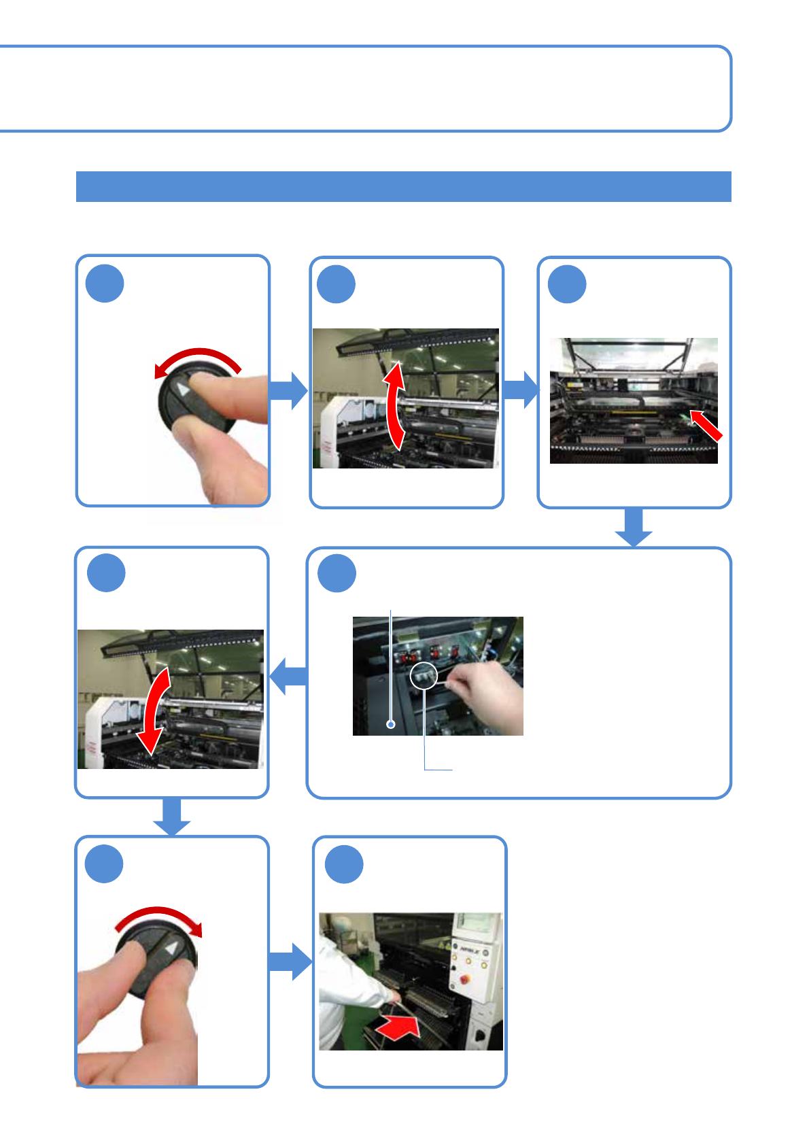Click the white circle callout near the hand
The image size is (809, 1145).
click(x=423, y=675)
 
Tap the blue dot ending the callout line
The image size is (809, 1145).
click(x=391, y=724)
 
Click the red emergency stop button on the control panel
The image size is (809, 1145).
click(x=466, y=979)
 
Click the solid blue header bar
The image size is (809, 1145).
click(x=403, y=186)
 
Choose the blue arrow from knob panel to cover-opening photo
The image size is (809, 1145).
click(x=289, y=390)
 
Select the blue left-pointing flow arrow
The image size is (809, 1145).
click(x=288, y=676)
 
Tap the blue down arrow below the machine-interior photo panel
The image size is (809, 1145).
click(x=634, y=528)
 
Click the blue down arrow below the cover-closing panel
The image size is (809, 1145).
click(x=171, y=817)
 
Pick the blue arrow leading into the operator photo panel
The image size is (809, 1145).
click(x=290, y=961)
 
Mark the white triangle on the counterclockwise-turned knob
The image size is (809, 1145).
click(x=183, y=390)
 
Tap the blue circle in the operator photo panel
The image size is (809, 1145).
click(x=344, y=864)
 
